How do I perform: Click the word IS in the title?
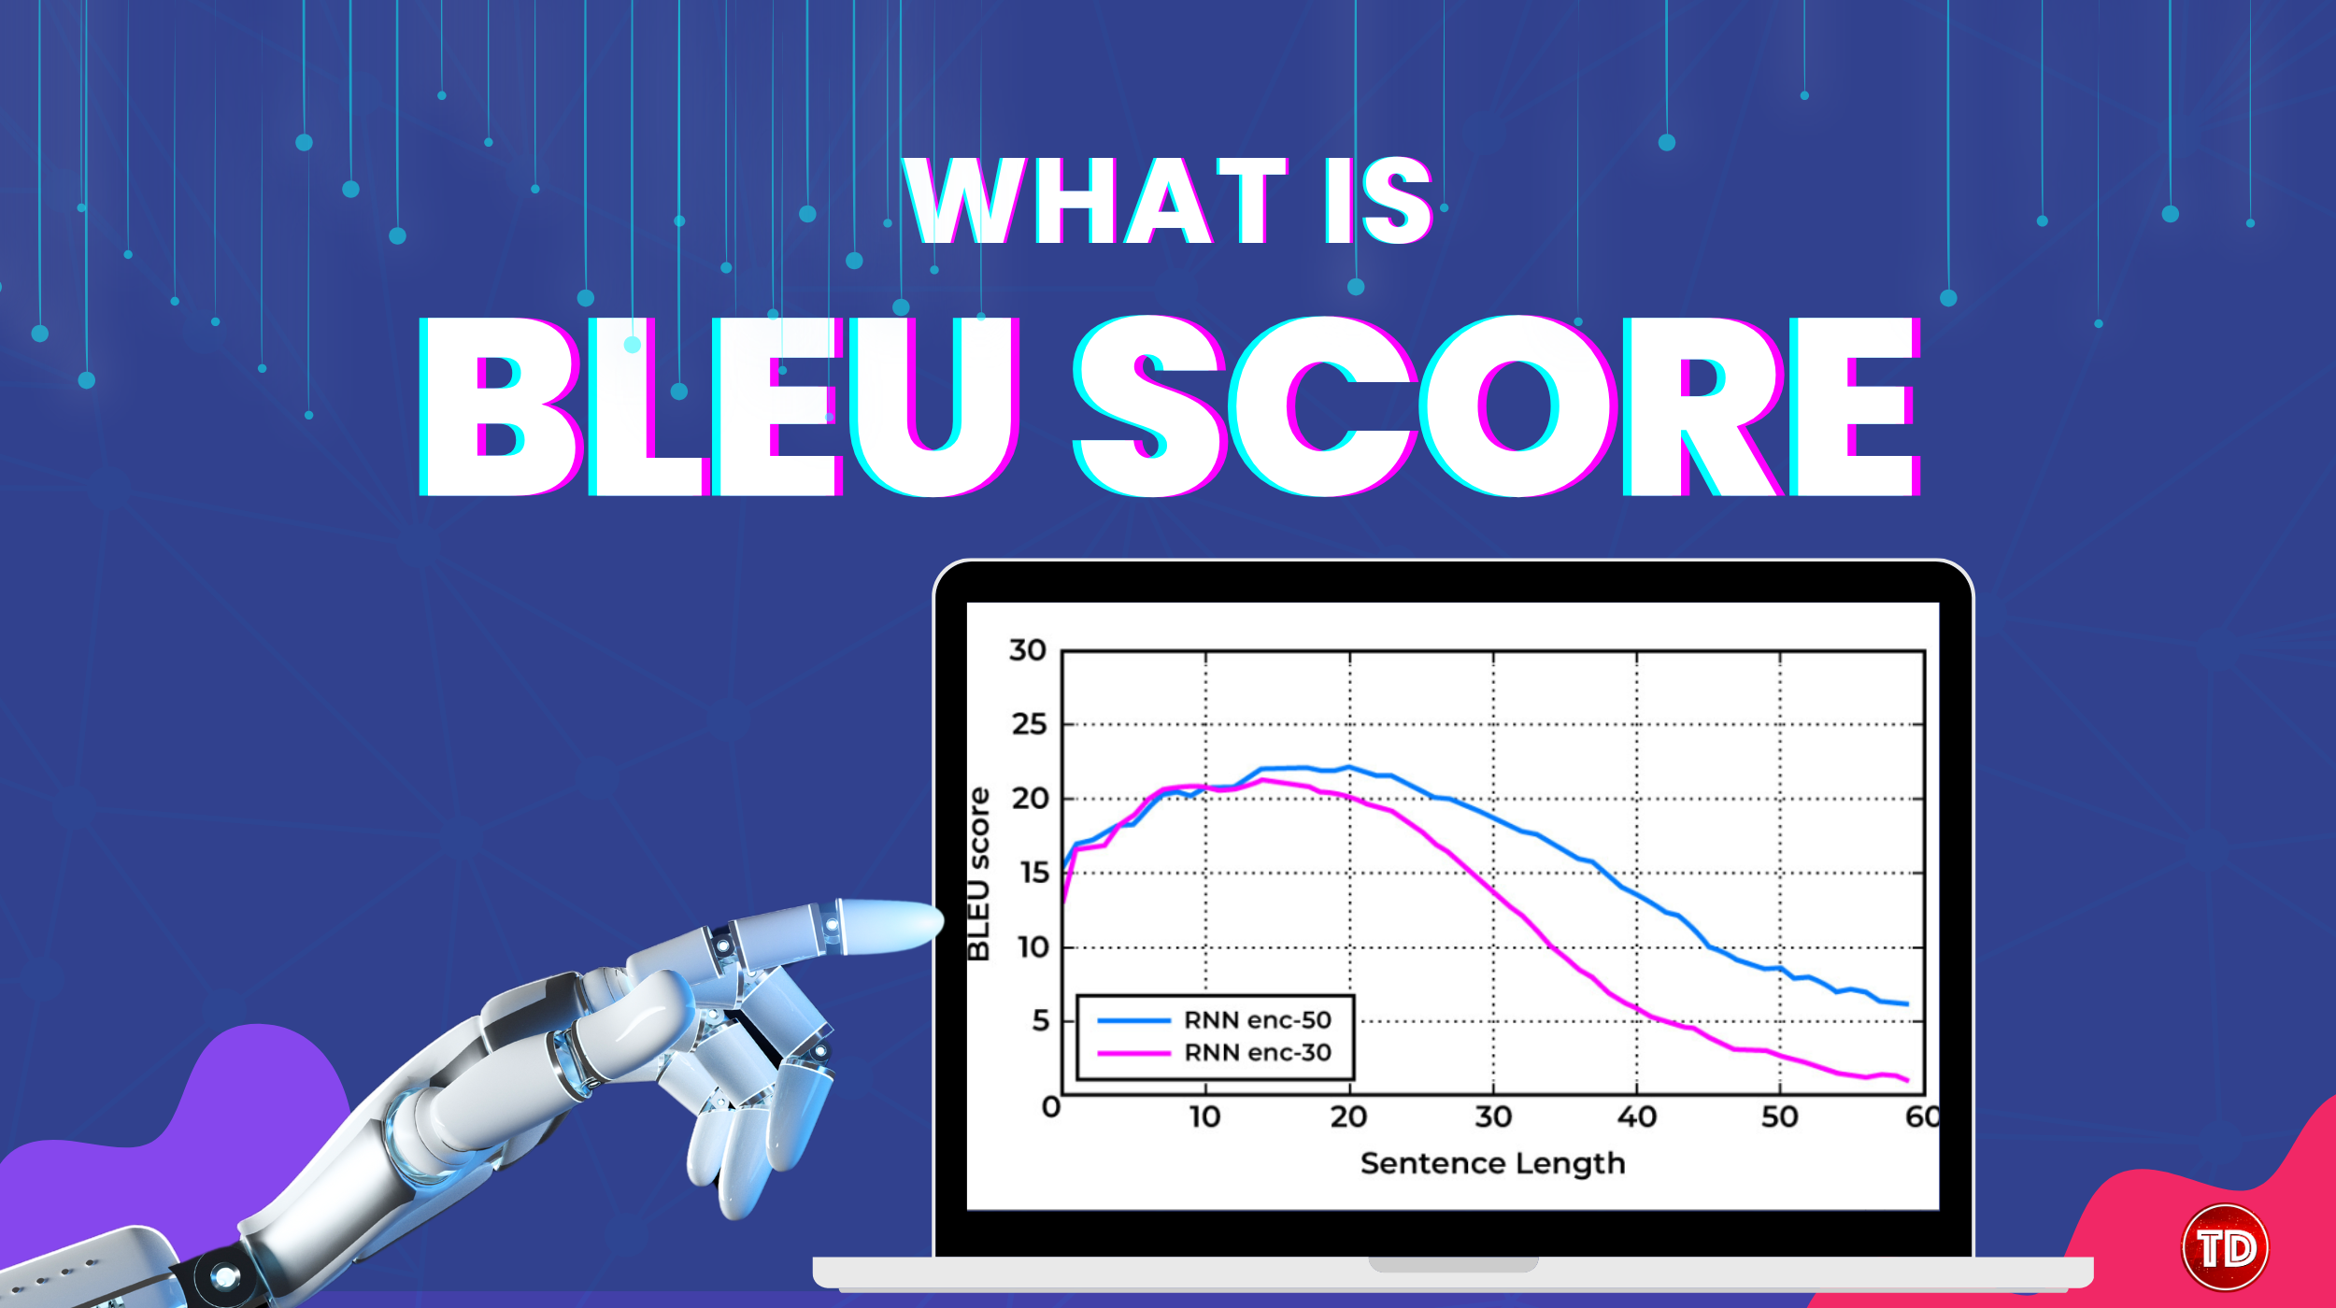1378,200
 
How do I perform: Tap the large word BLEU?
719,406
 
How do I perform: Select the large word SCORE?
1496,406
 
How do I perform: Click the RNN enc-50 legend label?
1258,1020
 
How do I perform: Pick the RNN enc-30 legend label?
1258,1053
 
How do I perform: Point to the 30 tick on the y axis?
1028,650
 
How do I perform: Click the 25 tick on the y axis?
1029,724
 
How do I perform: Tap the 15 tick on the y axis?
1034,873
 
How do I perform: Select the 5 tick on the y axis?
1041,1021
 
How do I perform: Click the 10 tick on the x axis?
1204,1117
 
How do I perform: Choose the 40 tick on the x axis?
1637,1117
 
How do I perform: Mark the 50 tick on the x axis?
1780,1117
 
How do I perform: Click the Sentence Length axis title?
1492,1164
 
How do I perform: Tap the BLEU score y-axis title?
977,874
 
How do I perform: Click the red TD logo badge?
2225,1246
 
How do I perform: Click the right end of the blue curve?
1907,1004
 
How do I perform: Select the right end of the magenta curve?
1907,1081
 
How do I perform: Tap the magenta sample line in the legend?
1133,1053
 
